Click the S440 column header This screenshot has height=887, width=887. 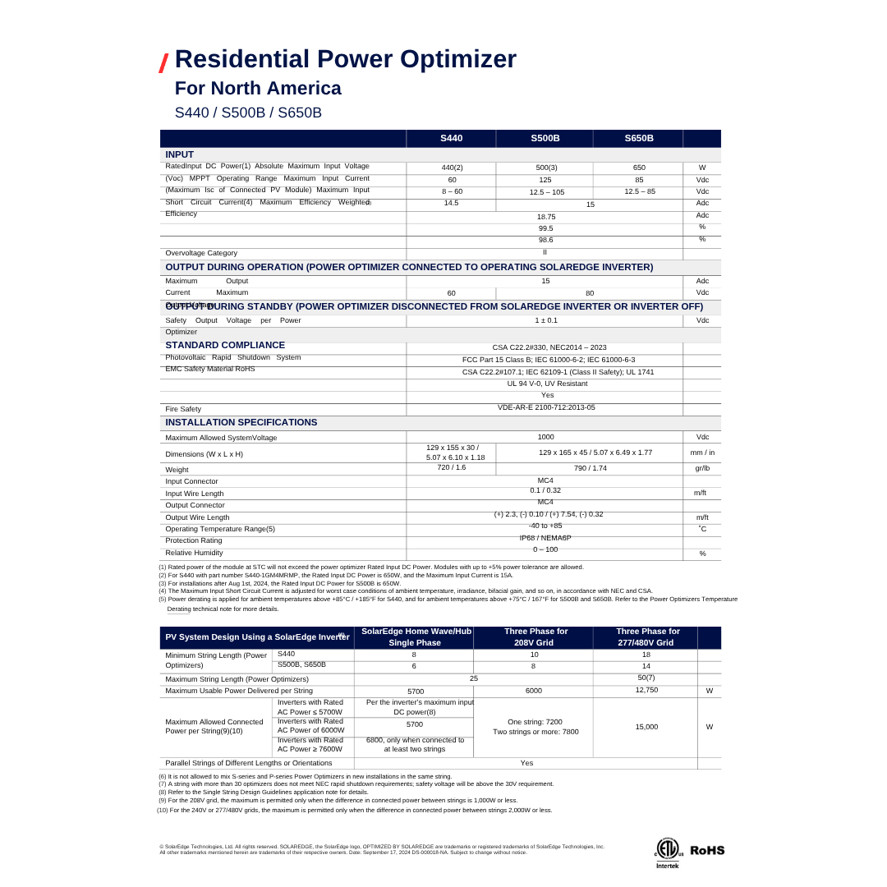(451, 138)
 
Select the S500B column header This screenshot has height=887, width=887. (545, 138)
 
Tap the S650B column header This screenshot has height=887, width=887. (639, 138)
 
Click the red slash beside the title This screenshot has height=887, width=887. (164, 62)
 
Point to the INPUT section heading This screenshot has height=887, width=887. (180, 154)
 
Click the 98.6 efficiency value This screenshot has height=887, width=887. (545, 240)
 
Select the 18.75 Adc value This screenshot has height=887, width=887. (546, 216)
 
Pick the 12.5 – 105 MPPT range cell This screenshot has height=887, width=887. (546, 192)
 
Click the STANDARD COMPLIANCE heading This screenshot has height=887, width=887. (225, 345)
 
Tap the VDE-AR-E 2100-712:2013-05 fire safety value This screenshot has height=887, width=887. (546, 407)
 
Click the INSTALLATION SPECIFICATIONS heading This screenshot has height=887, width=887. (241, 422)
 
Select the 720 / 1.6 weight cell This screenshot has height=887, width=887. (451, 467)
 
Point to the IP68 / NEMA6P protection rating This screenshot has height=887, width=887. (545, 538)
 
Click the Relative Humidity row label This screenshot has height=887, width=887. (194, 553)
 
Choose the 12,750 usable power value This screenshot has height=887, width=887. (646, 691)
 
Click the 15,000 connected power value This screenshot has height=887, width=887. (646, 727)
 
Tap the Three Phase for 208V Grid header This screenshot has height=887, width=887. (533, 637)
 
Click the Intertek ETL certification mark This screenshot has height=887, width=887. (669, 852)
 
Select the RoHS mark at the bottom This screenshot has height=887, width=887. (706, 850)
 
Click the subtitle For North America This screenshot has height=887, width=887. (258, 88)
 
